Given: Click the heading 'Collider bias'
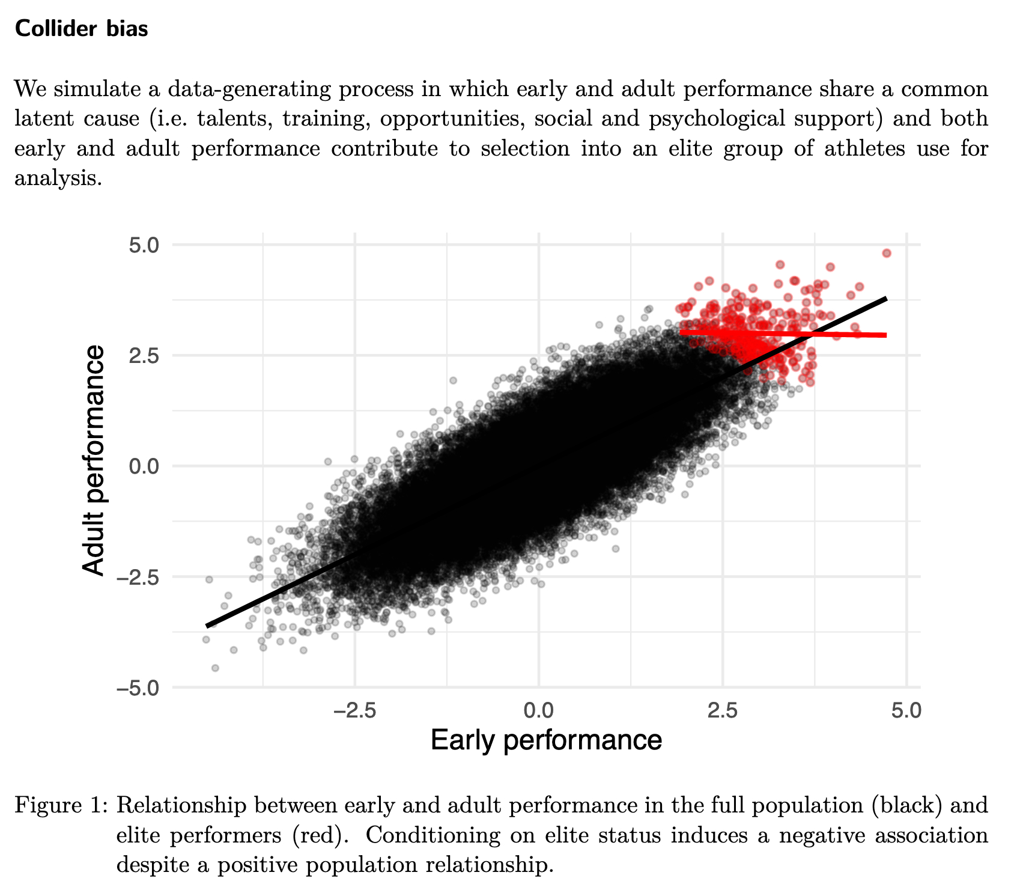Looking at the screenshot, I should (81, 28).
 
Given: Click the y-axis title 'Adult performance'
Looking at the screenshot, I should (94, 462).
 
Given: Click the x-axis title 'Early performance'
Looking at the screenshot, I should (546, 740).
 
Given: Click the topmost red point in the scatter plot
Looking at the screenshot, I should (887, 253).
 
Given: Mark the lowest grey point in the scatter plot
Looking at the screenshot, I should (215, 668).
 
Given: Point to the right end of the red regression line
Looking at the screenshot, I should (886, 335).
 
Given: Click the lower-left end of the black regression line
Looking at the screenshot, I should (207, 626).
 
